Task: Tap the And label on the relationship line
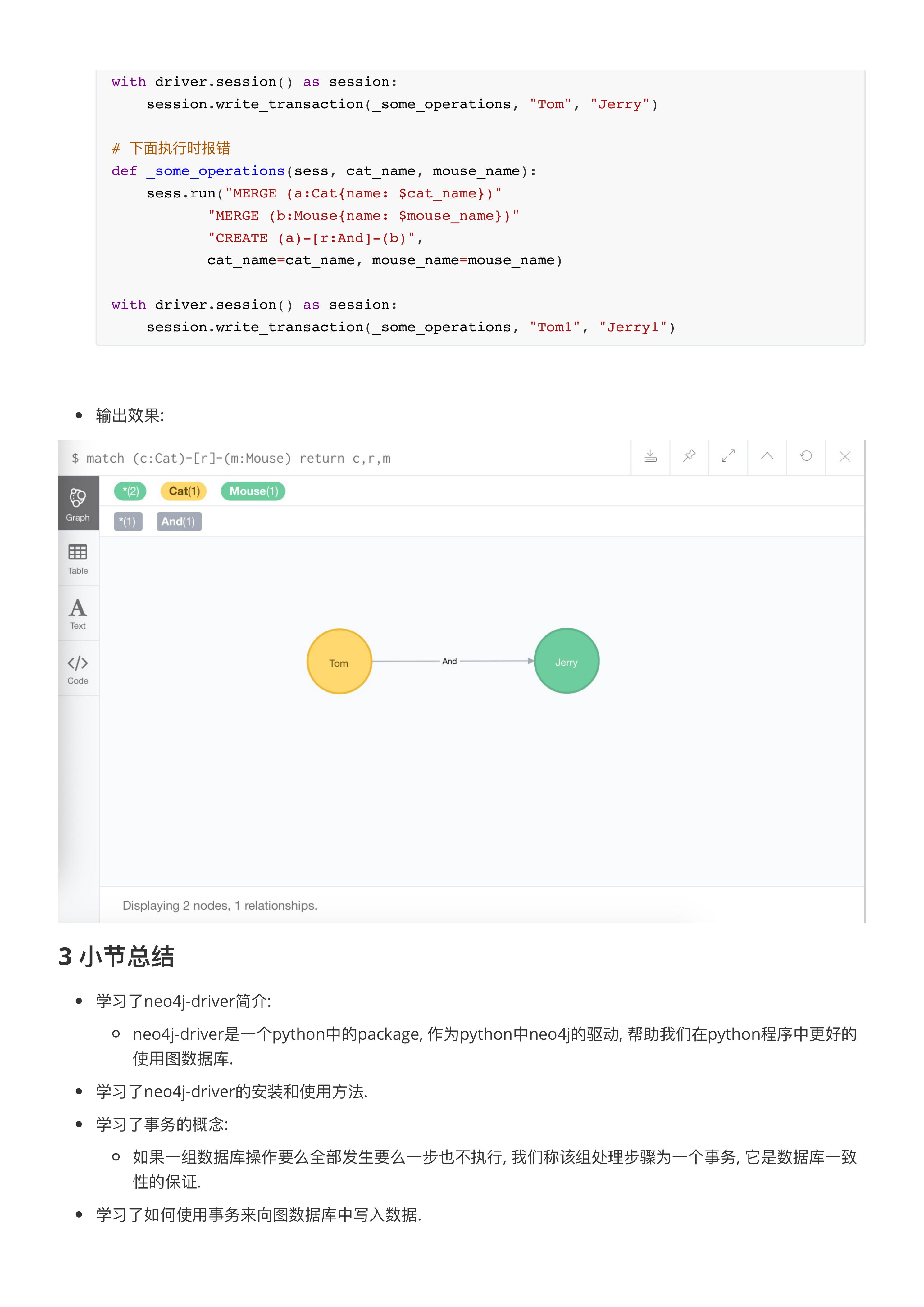tap(449, 661)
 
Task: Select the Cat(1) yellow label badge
tap(184, 491)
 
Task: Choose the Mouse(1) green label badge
tap(253, 491)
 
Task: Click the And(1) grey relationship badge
tap(178, 522)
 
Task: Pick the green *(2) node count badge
tap(130, 491)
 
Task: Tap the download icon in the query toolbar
tap(651, 457)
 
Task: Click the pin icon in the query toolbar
tap(689, 457)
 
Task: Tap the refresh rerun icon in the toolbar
tap(806, 457)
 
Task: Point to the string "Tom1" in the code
tap(554, 327)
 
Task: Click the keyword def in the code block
tap(124, 171)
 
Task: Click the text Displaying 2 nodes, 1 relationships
tap(220, 906)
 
